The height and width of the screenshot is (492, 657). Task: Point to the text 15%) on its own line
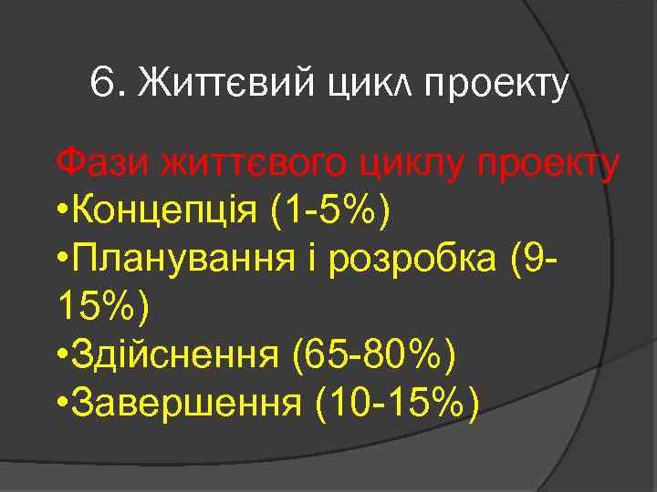(101, 308)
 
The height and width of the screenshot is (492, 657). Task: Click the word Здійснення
(176, 355)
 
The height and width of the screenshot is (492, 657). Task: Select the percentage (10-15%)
(395, 403)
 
